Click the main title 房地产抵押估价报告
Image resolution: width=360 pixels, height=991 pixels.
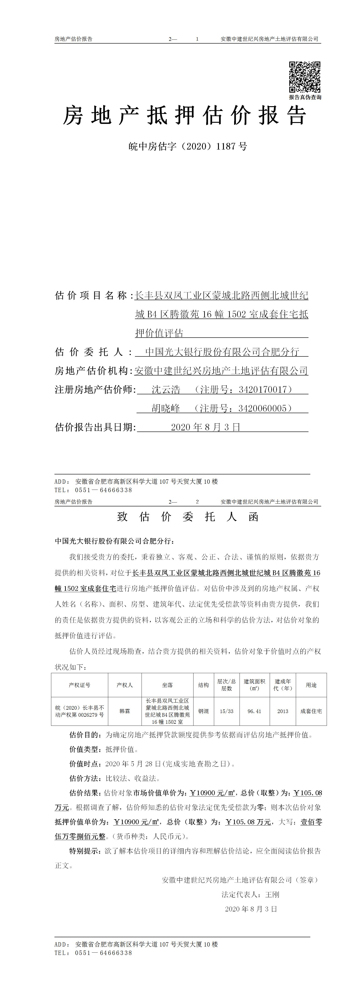[185, 115]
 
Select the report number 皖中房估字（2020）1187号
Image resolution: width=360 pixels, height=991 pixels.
[188, 146]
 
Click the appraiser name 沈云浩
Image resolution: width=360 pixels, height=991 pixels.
[166, 390]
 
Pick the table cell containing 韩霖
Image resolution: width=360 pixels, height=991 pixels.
[125, 711]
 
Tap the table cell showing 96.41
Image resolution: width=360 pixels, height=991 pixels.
[254, 711]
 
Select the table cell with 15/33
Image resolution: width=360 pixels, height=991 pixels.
[227, 711]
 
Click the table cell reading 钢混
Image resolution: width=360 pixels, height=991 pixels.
[203, 711]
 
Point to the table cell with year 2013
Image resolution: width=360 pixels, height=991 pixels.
[283, 711]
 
